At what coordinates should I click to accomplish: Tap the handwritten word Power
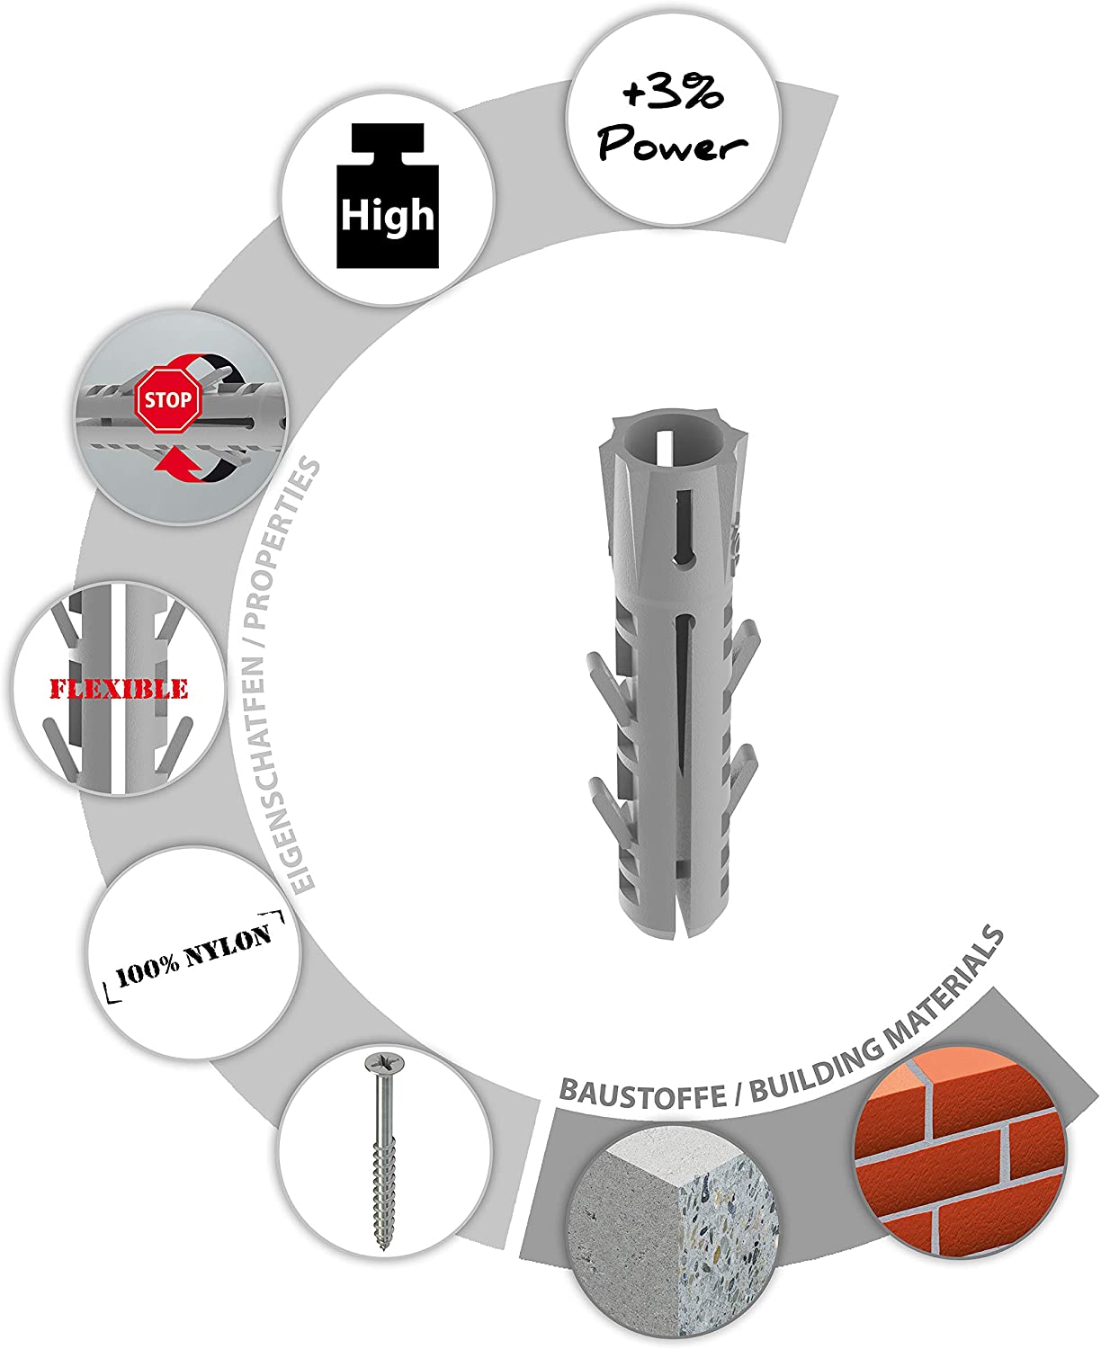pyautogui.click(x=672, y=144)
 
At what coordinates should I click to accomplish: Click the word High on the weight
pyautogui.click(x=388, y=215)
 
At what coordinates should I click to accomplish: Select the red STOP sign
pyautogui.click(x=168, y=400)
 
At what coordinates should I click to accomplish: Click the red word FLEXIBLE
pyautogui.click(x=119, y=688)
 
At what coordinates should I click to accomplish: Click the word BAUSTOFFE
pyautogui.click(x=642, y=1094)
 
